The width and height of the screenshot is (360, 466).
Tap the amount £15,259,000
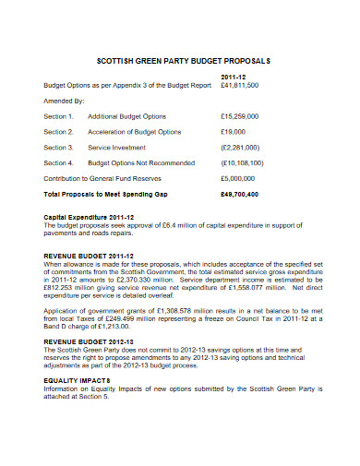[239, 117]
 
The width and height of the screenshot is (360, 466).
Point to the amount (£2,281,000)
[240, 148]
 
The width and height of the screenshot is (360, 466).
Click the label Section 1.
[58, 117]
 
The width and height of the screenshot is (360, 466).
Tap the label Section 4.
[58, 162]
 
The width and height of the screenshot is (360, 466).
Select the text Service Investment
[117, 148]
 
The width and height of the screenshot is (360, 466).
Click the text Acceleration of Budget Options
[135, 132]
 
